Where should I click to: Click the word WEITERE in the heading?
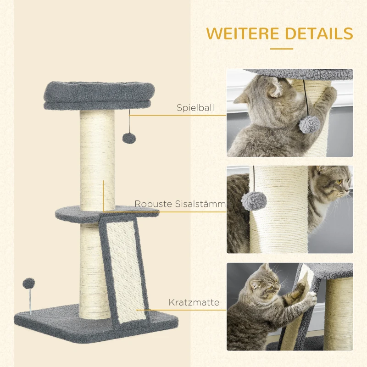click(242, 33)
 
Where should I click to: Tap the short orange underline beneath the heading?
click(282, 49)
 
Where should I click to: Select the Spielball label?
click(195, 108)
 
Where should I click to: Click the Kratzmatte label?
click(194, 302)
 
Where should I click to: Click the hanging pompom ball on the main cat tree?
click(129, 138)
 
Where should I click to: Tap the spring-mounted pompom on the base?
click(29, 284)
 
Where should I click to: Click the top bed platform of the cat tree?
click(99, 95)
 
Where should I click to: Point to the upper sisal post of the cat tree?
click(97, 160)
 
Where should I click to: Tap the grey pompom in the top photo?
click(309, 124)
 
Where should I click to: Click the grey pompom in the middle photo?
click(254, 201)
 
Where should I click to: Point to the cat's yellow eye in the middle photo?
click(339, 181)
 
